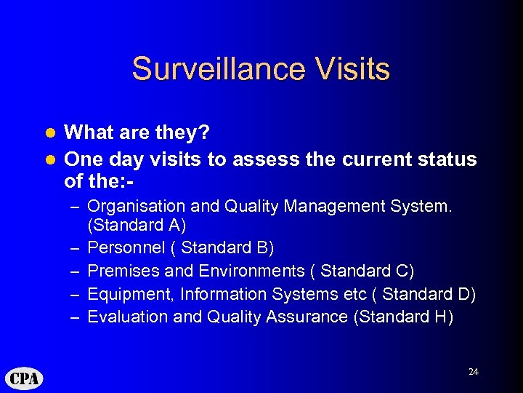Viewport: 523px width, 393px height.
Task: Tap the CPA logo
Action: [25, 378]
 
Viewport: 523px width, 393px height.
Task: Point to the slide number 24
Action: [474, 372]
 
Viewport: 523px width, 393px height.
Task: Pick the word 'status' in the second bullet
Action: [445, 159]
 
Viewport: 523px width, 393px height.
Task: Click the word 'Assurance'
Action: [311, 317]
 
